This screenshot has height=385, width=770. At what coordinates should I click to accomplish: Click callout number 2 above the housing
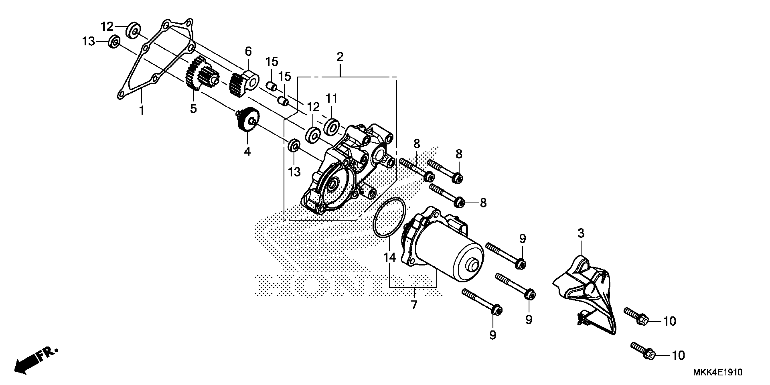point(340,57)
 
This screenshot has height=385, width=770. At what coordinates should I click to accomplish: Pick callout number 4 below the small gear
point(247,152)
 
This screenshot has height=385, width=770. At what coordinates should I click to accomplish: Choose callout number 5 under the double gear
point(193,108)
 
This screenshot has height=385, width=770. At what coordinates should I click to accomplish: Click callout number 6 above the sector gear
point(248,51)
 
